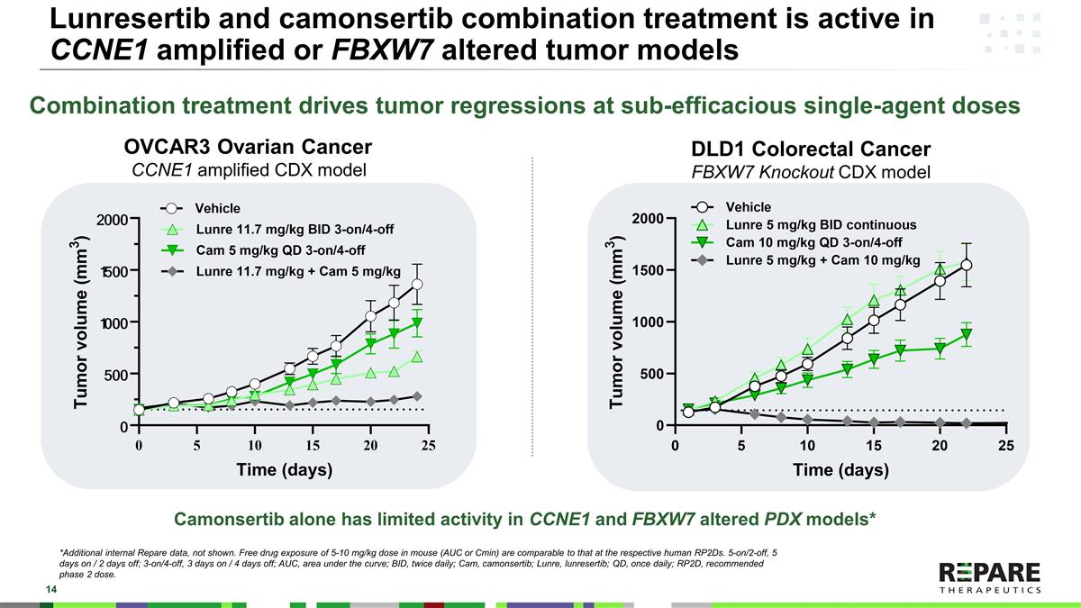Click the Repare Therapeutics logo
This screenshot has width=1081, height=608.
(x=989, y=577)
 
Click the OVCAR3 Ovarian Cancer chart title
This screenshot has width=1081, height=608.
(x=248, y=147)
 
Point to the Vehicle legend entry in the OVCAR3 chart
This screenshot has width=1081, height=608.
(x=218, y=209)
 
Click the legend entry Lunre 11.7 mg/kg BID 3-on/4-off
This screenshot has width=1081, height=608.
(x=294, y=229)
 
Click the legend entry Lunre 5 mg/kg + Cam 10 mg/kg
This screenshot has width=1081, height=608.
(x=822, y=260)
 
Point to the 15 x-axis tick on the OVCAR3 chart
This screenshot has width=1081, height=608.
(x=313, y=446)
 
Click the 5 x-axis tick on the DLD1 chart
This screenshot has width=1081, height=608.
(x=740, y=444)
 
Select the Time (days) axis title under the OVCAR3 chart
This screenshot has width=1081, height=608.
(x=284, y=469)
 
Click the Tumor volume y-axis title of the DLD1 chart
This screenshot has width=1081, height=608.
(x=617, y=322)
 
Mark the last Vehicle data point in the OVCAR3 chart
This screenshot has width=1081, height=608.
(x=417, y=285)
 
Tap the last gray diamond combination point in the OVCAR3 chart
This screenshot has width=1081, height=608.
(x=417, y=396)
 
